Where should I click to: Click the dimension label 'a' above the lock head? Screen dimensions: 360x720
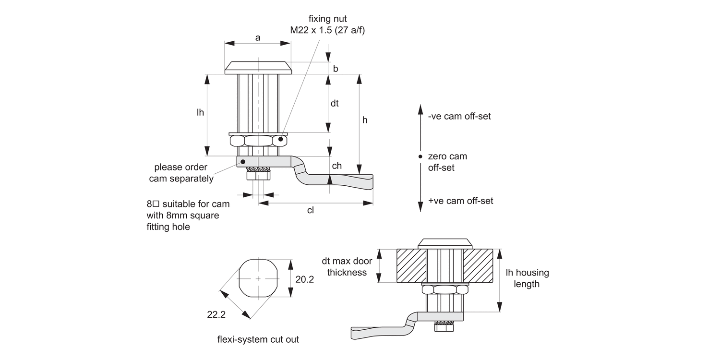258,37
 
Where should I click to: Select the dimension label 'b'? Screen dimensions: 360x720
336,69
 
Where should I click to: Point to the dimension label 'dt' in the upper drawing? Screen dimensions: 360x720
335,103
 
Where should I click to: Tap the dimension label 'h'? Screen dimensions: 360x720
365,120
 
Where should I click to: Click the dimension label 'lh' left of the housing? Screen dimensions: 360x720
200,112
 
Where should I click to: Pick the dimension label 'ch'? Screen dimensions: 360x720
337,166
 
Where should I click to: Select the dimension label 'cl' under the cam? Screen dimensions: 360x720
310,210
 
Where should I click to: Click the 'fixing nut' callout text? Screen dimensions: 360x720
328,19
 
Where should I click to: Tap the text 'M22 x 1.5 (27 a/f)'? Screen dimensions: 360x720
328,30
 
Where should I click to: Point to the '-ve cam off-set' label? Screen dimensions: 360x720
459,116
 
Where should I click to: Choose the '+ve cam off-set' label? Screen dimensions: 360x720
460,201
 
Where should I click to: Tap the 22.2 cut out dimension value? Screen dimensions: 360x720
216,315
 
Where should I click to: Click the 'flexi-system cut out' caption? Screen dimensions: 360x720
258,339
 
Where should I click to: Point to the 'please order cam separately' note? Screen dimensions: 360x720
181,173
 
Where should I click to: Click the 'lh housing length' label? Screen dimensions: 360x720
527,278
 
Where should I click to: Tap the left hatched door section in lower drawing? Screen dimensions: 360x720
411,266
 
